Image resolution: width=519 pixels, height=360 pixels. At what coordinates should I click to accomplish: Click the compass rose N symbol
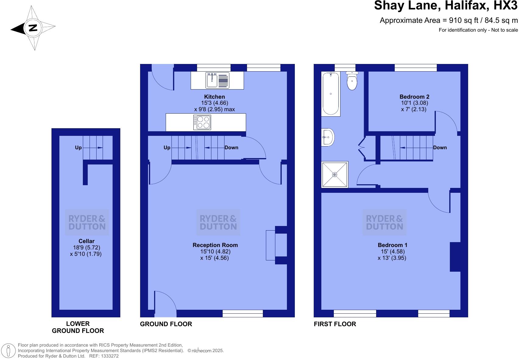point(33,28)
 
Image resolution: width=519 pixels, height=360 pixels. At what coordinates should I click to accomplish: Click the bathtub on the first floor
point(331,94)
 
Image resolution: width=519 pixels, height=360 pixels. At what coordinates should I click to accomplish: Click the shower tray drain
point(335,175)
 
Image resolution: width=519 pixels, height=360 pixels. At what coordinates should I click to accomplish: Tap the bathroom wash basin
point(328,137)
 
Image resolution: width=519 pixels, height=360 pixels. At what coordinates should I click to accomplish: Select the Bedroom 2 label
point(414,97)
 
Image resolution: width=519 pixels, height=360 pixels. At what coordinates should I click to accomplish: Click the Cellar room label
point(86,241)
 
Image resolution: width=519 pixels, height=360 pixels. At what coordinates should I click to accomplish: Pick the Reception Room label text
point(215,245)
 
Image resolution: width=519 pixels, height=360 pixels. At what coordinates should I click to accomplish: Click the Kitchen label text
point(214,97)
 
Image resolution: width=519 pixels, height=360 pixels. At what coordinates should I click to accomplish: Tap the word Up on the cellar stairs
point(78,148)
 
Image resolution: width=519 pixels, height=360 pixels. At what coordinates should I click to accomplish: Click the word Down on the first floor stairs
point(440,148)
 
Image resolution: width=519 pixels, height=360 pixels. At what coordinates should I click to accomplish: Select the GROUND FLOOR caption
point(166,324)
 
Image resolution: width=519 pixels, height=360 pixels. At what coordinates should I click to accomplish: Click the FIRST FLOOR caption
point(335,324)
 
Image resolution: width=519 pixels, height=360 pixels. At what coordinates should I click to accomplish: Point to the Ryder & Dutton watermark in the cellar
point(87,222)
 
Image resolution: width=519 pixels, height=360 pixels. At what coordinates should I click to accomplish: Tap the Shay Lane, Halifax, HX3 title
point(446,6)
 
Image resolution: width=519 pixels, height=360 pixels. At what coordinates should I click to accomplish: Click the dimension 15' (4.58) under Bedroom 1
point(392,252)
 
